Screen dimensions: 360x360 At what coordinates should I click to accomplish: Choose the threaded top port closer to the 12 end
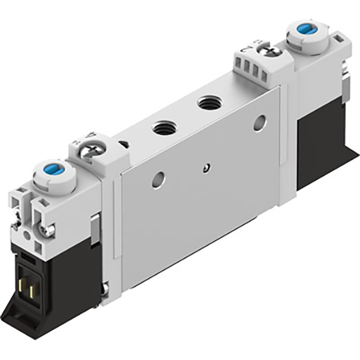pos(209,101)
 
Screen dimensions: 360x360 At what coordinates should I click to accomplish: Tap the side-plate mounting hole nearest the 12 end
pos(260,122)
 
